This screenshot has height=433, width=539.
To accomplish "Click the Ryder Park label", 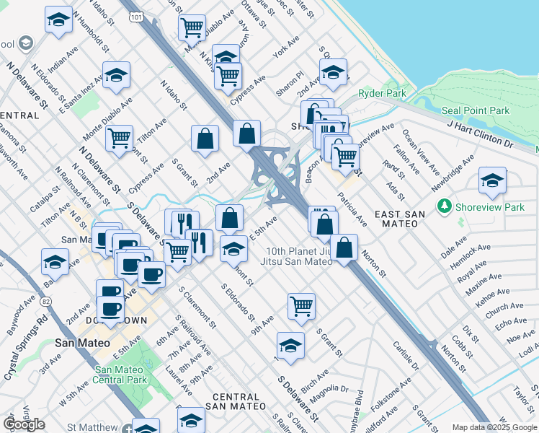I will point(382,94).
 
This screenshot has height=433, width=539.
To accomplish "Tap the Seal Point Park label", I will point(476,110).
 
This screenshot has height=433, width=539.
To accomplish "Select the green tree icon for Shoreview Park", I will point(445,207).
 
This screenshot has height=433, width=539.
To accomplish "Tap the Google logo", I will point(24,424).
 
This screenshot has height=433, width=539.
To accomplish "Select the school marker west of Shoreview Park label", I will point(492,180).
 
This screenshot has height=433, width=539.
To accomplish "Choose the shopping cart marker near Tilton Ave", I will point(119,136).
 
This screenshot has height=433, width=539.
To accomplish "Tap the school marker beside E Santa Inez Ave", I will point(116,76).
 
